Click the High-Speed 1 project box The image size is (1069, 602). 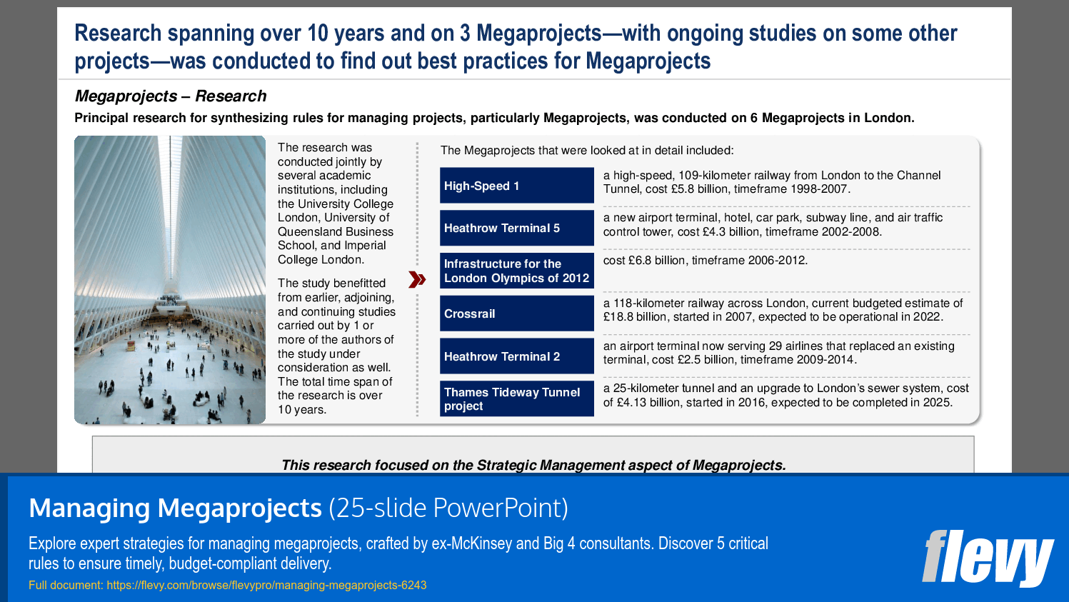516,186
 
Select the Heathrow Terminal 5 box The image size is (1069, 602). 516,228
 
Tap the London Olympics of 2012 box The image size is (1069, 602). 516,271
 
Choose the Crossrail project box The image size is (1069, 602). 516,313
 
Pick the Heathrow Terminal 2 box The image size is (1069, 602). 516,356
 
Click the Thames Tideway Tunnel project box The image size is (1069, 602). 516,398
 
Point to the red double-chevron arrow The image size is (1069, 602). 417,279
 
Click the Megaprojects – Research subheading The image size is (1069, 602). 171,96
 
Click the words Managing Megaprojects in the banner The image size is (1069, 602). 175,508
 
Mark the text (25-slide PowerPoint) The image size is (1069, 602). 448,508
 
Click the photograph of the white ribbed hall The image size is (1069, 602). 170,280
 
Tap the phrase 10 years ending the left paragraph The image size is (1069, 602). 301,410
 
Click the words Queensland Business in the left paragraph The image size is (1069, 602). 335,231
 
